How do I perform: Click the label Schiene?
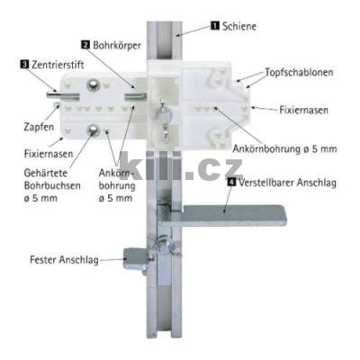pyautogui.click(x=239, y=26)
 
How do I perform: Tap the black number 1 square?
pyautogui.click(x=215, y=25)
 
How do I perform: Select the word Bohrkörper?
pyautogui.click(x=117, y=46)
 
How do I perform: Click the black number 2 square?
pyautogui.click(x=85, y=45)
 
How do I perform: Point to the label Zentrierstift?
pyautogui.click(x=58, y=65)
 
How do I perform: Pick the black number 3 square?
pyautogui.click(x=24, y=64)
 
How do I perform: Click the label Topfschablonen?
pyautogui.click(x=299, y=72)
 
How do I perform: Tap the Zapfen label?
pyautogui.click(x=39, y=127)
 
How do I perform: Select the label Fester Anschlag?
pyautogui.click(x=64, y=260)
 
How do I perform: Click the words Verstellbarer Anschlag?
pyautogui.click(x=287, y=183)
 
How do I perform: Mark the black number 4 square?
pyautogui.click(x=231, y=182)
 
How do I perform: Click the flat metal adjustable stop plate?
pyautogui.click(x=222, y=215)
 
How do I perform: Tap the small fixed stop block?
pyautogui.click(x=136, y=259)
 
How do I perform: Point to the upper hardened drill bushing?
pyautogui.click(x=93, y=85)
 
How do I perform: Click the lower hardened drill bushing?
pyautogui.click(x=94, y=130)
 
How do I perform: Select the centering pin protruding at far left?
pyautogui.click(x=62, y=95)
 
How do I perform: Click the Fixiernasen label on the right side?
pyautogui.click(x=303, y=110)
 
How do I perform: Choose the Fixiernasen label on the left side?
pyautogui.click(x=49, y=154)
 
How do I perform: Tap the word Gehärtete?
pyautogui.click(x=46, y=173)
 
